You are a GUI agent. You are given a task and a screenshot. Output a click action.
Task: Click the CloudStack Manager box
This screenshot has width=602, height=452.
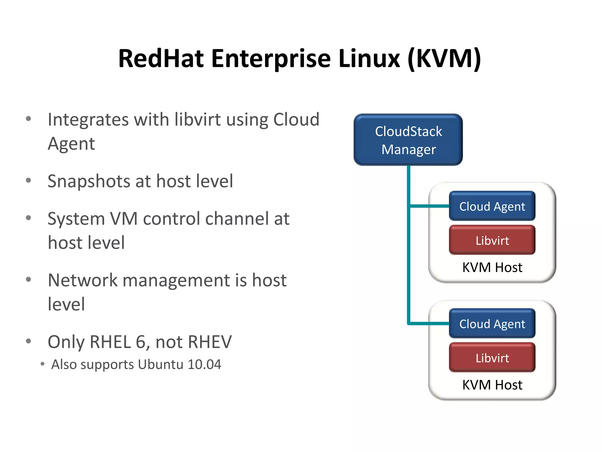408,140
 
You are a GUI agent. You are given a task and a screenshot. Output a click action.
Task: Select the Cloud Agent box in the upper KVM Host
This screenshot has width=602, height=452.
492,206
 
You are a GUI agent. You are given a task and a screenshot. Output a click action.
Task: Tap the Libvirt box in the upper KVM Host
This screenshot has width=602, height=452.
492,240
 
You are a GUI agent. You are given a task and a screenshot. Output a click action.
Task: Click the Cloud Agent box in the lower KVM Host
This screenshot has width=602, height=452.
492,323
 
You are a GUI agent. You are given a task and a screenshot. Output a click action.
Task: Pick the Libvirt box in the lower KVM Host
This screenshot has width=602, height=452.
492,358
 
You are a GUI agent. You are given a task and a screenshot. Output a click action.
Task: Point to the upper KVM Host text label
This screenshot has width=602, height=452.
492,267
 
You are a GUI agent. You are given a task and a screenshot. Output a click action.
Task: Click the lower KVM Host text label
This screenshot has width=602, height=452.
492,385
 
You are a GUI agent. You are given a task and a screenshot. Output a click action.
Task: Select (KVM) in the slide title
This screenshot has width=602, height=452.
444,59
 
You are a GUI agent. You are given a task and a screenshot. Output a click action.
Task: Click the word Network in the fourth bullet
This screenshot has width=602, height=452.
83,280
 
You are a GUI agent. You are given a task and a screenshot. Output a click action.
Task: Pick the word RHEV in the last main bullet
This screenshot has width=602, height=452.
210,342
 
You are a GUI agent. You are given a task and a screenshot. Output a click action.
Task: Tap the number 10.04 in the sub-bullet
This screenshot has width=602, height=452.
204,364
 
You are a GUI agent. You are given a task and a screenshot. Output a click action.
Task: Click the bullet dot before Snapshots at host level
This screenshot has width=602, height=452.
29,180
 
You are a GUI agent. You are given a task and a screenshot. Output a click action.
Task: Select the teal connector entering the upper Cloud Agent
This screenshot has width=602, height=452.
429,206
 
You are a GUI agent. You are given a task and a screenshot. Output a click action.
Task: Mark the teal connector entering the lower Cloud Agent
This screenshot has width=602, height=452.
429,323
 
